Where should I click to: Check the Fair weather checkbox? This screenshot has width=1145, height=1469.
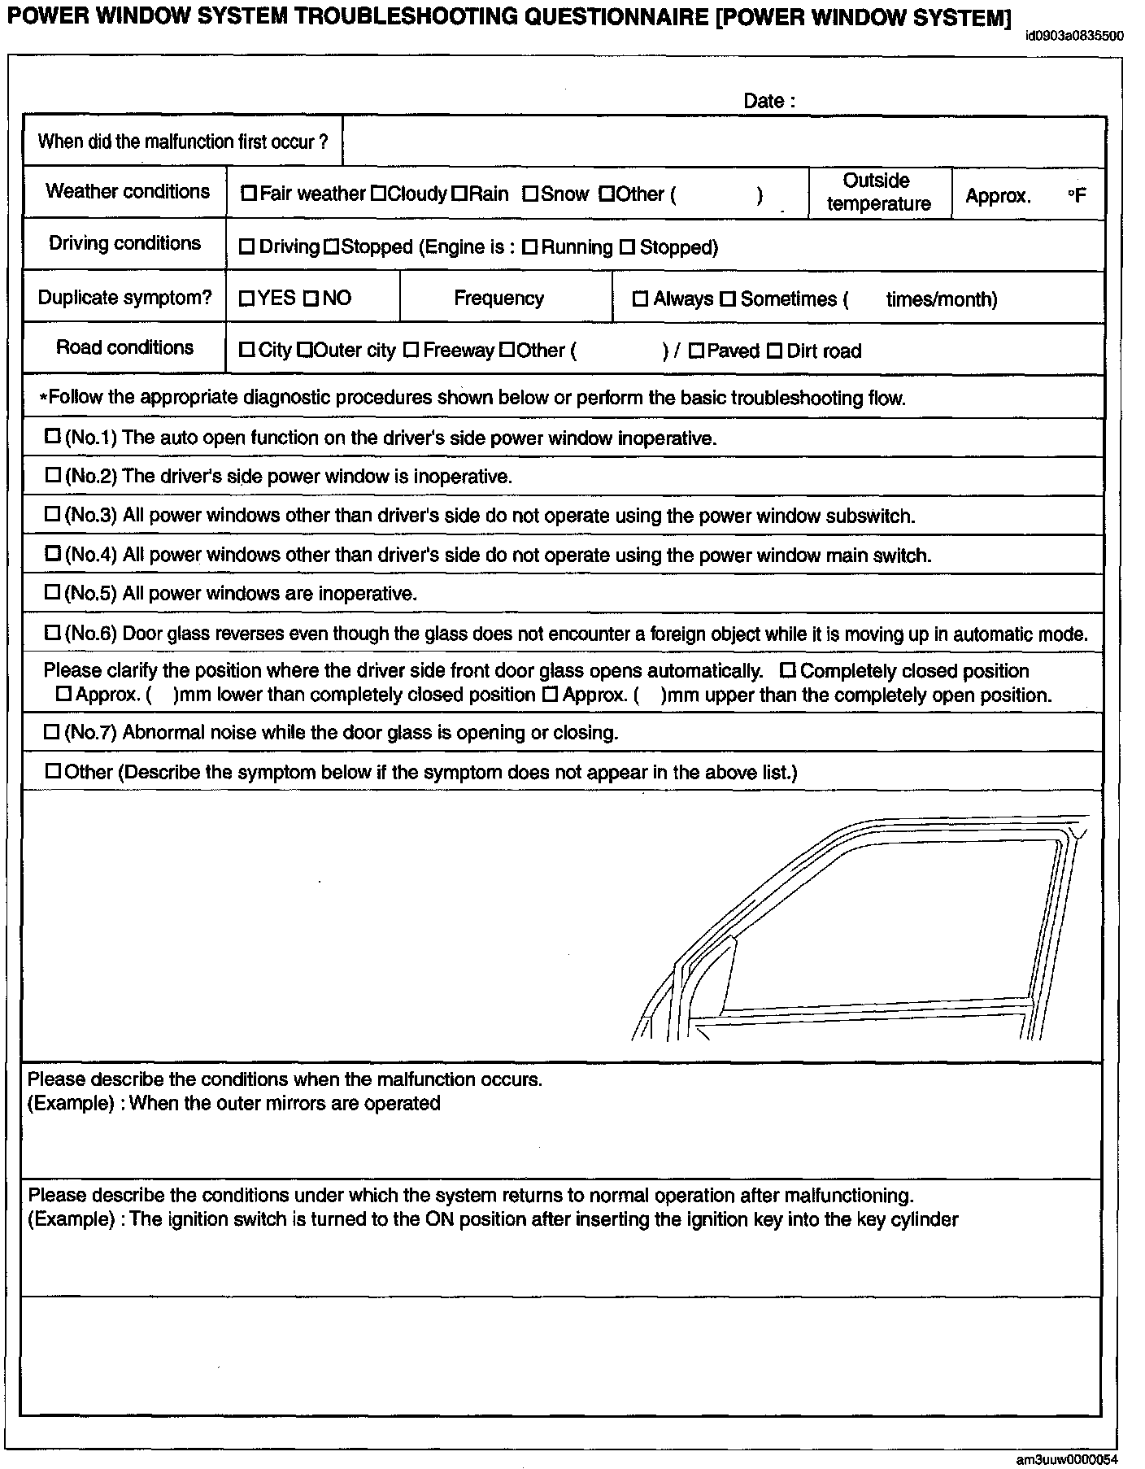coord(249,194)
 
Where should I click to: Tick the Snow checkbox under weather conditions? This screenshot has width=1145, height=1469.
coord(530,194)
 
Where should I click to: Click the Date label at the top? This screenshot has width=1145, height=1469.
coord(768,101)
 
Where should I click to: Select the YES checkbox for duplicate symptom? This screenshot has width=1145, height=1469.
coord(246,299)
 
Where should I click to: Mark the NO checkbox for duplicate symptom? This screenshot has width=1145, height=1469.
coord(311,299)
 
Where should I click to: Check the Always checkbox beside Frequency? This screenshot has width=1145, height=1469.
coord(640,299)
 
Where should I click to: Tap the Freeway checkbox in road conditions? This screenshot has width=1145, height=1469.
coord(411,351)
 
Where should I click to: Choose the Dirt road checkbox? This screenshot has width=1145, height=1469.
coord(774,351)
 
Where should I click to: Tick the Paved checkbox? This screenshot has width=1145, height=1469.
coord(696,351)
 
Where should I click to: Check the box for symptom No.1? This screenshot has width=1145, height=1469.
coord(53,437)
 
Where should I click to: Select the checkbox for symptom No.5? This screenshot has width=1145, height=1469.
coord(53,593)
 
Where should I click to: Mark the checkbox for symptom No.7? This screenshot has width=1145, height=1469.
coord(53,732)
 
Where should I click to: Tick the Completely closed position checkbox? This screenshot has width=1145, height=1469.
coord(787,671)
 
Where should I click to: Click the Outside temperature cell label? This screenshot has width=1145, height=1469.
coord(878,192)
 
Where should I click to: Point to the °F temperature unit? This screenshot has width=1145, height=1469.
coord(1077,195)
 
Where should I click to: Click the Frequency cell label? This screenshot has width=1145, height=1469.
coord(498,298)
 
